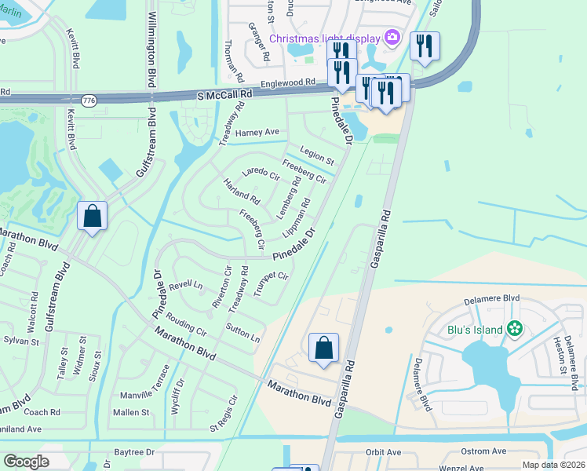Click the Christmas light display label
pos(324,38)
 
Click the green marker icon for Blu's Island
pos(515,329)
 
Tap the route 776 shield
pos(89,100)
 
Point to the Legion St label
pos(316,156)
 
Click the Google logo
pos(27,462)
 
